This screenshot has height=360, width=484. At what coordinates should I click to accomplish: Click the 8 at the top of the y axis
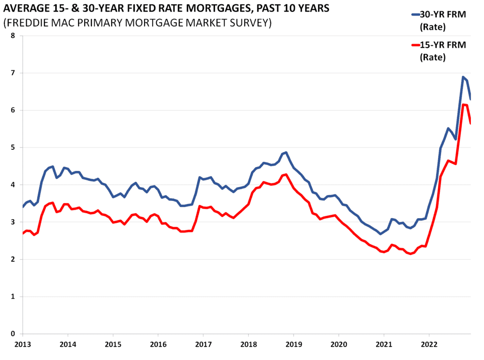(x=13, y=36)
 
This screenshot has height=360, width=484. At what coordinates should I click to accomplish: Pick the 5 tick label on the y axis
(x=13, y=147)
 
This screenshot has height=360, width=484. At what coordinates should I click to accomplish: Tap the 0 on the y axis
(x=13, y=334)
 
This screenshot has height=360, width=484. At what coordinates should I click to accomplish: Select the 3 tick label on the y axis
(x=13, y=222)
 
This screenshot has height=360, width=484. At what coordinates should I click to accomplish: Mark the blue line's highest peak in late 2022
(x=463, y=77)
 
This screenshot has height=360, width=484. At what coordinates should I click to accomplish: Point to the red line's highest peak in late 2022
(x=464, y=104)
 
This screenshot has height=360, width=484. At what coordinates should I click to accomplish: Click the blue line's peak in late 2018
(x=286, y=153)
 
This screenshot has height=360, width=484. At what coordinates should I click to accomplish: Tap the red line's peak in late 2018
(x=286, y=174)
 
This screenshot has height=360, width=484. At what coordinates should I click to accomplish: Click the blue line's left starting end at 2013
(x=23, y=207)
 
